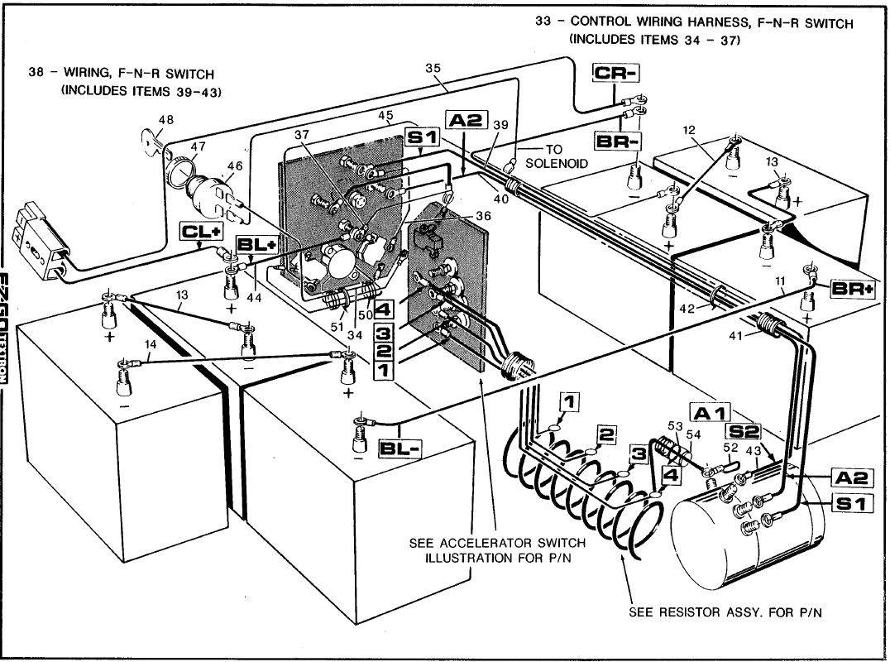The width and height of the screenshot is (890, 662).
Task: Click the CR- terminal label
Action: [x=615, y=74]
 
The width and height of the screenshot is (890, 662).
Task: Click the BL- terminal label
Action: [x=400, y=449]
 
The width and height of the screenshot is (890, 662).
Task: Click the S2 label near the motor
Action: [x=748, y=431]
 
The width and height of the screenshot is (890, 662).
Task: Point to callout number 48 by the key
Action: [x=166, y=120]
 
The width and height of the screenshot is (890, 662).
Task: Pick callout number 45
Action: [x=385, y=115]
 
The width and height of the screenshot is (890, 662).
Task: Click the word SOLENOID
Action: [x=561, y=163]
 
